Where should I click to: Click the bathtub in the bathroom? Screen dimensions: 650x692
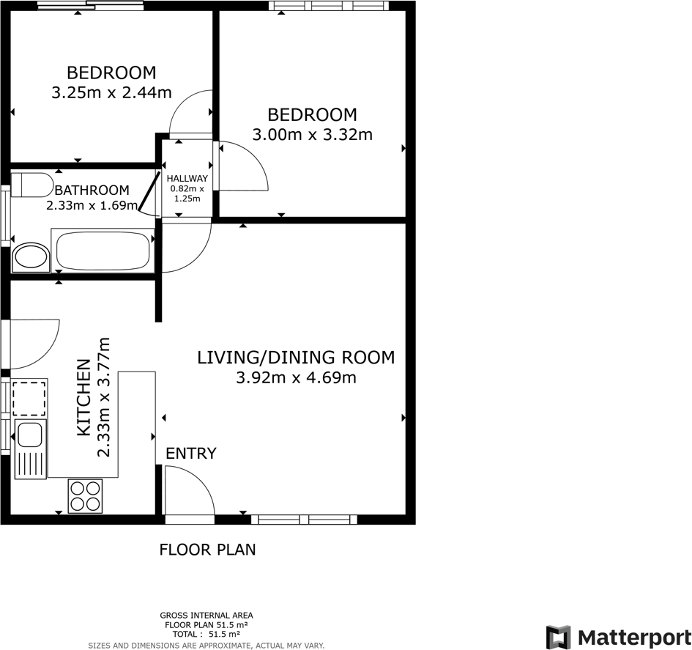point(103,251)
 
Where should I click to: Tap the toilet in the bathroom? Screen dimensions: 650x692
point(31,184)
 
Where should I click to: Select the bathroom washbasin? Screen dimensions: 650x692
point(31,257)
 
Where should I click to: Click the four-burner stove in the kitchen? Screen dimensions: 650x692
point(86,495)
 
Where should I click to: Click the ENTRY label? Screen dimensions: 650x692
point(191,454)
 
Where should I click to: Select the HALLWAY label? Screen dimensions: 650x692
point(187,179)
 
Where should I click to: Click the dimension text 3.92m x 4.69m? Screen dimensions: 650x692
point(296,378)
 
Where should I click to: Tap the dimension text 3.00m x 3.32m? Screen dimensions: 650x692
point(312,135)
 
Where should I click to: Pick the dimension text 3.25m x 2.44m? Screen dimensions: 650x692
point(111,93)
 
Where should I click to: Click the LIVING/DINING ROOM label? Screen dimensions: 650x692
point(296,358)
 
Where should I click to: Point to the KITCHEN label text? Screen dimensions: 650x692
point(83,397)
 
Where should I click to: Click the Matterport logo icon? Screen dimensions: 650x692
point(559,637)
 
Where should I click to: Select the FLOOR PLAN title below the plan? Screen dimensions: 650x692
point(208,550)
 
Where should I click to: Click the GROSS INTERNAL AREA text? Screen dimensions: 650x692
point(207,616)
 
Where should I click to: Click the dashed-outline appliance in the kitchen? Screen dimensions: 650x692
point(30,398)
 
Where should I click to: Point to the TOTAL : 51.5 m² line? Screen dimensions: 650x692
point(207,635)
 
